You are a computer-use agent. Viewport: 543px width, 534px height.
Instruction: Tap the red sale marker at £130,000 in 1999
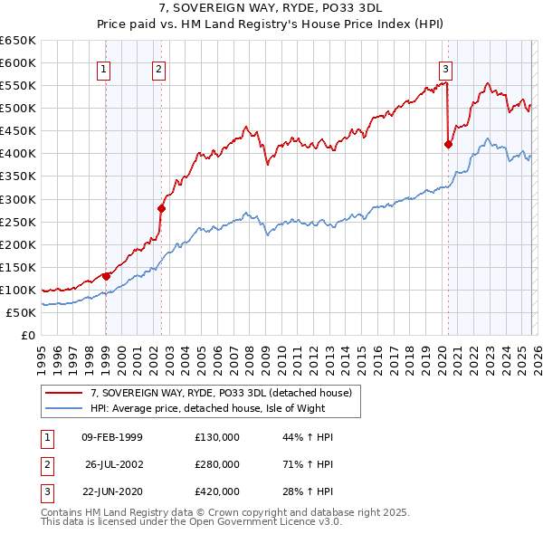point(106,276)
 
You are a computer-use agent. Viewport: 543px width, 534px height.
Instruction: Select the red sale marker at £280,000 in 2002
point(161,208)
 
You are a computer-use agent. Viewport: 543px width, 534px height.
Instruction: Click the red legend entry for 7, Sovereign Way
point(226,392)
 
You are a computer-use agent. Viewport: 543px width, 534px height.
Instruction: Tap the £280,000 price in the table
point(216,464)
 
